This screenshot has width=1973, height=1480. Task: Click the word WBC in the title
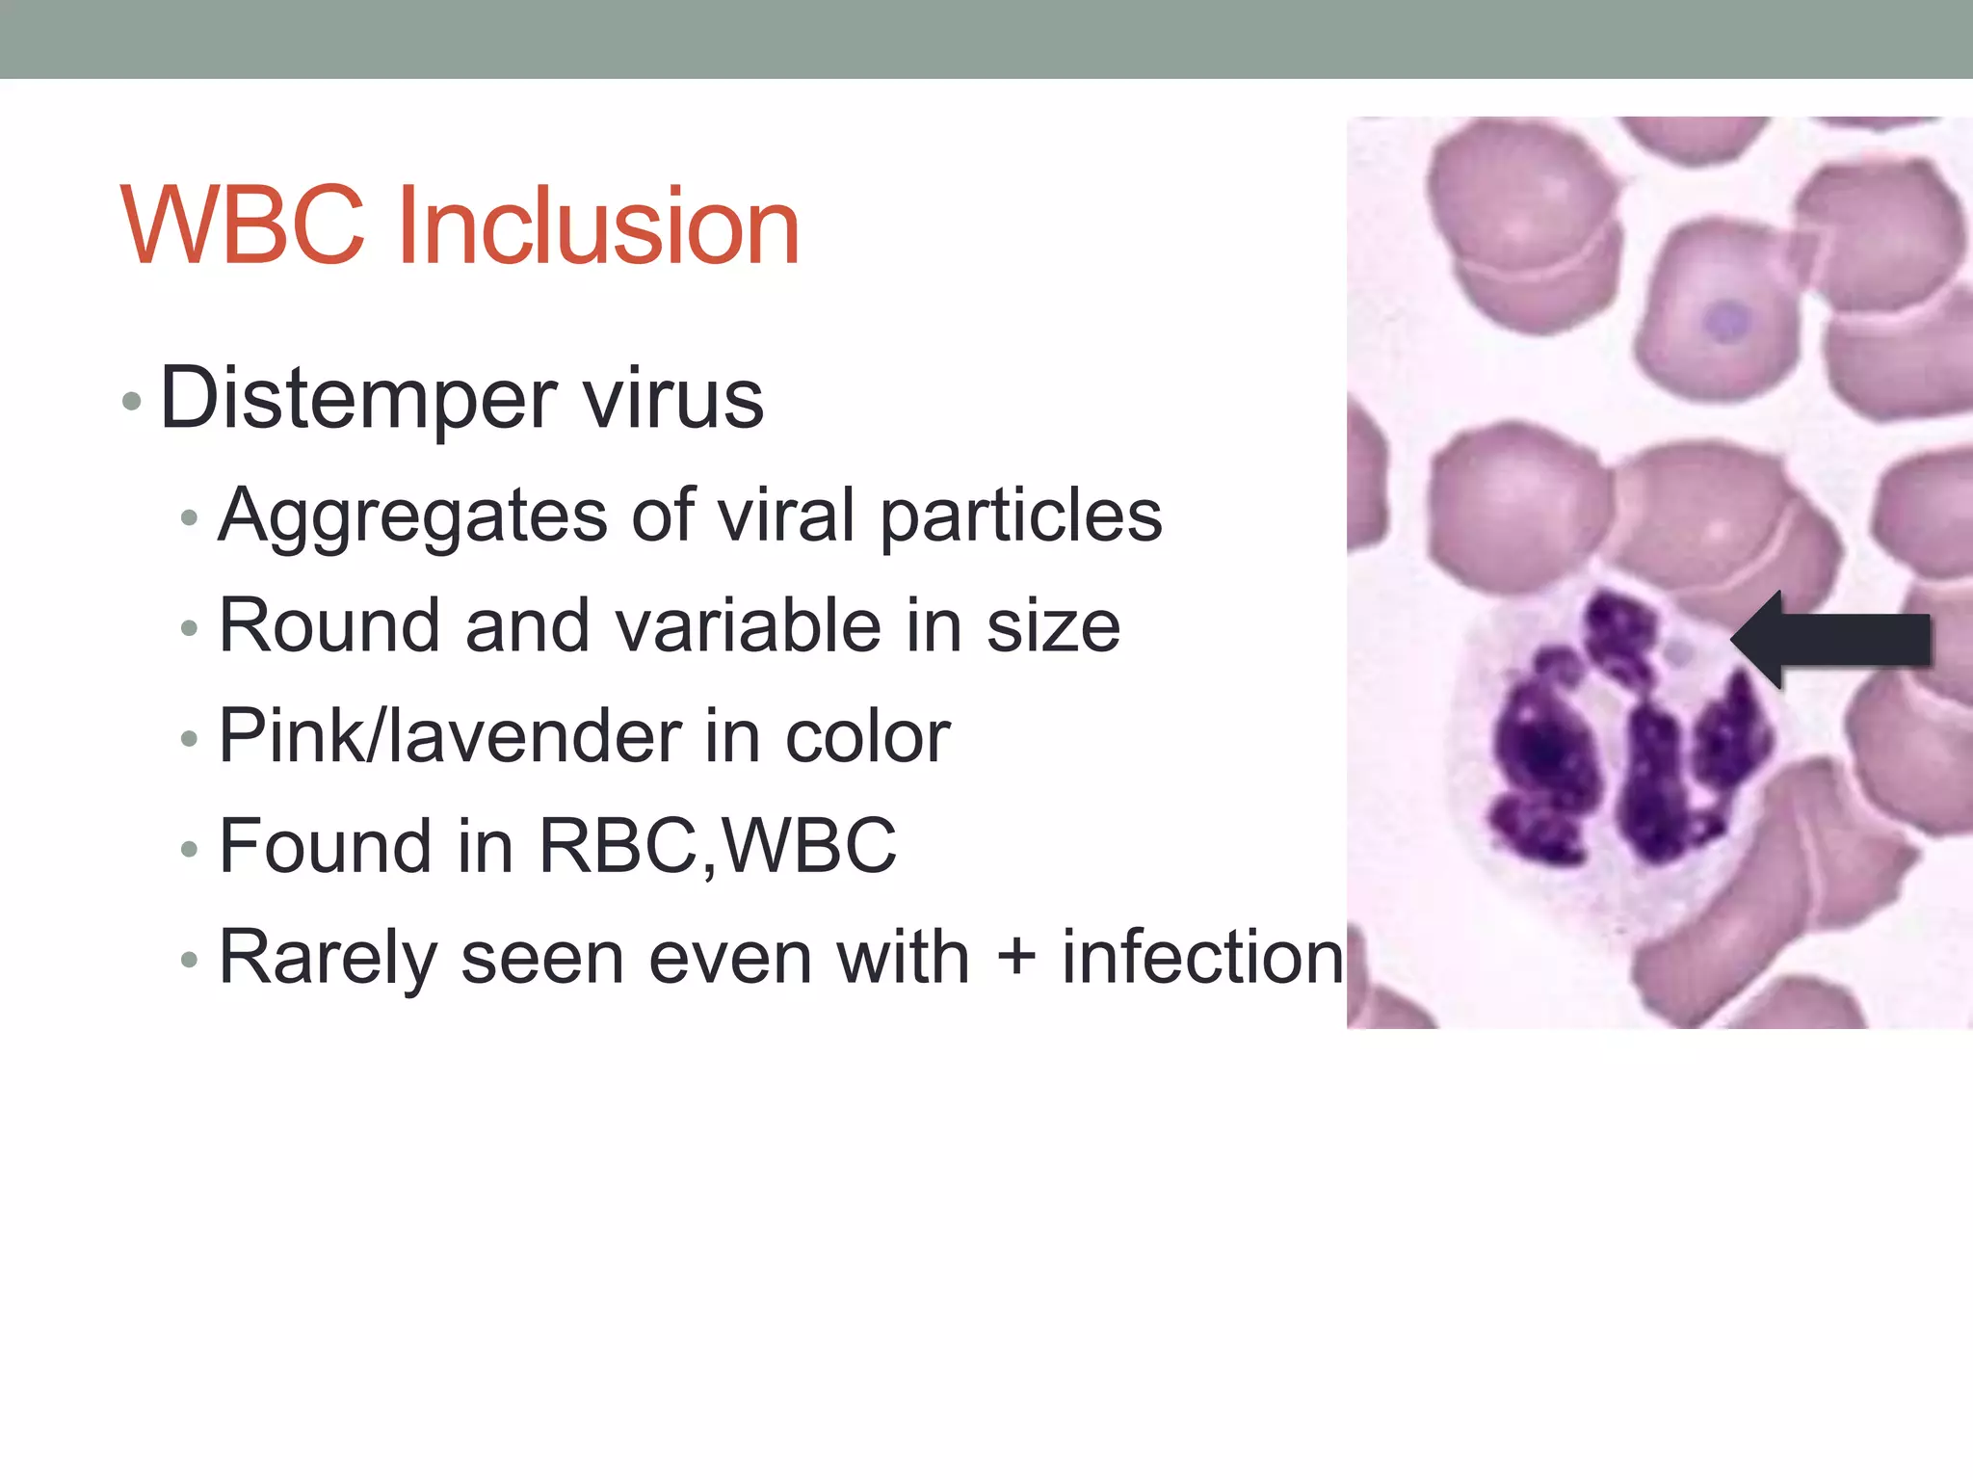click(x=243, y=226)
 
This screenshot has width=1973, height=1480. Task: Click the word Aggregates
click(x=412, y=517)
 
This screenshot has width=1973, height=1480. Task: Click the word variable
click(x=748, y=626)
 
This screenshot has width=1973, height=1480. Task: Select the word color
click(x=867, y=738)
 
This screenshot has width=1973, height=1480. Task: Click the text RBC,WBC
click(x=717, y=847)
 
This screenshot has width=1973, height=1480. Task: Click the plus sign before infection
click(x=1015, y=959)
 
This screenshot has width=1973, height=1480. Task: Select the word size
click(x=1053, y=626)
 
